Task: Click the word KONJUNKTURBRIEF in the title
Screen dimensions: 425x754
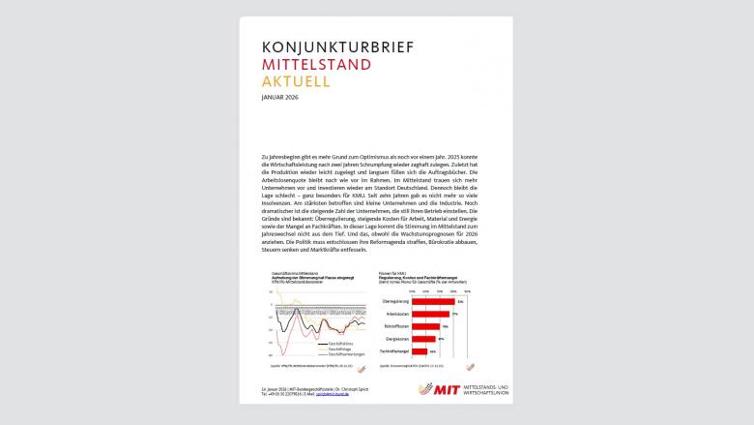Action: (x=330, y=46)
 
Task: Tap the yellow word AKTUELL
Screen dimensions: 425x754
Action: (x=296, y=81)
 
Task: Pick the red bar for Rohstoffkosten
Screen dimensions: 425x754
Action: (x=427, y=327)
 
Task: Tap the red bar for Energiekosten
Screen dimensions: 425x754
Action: (x=426, y=339)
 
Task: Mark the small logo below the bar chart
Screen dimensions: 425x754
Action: (x=470, y=366)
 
